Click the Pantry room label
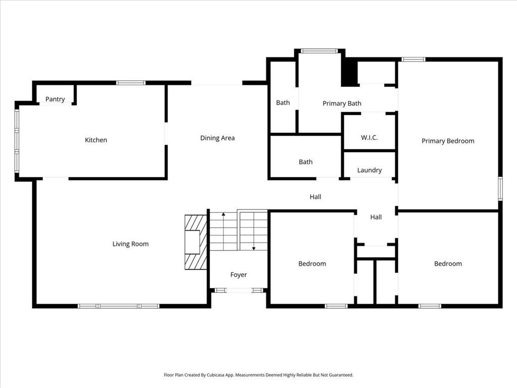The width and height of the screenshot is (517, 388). pos(55,99)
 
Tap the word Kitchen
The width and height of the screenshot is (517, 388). pos(96,140)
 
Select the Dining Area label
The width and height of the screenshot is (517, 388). pos(217,138)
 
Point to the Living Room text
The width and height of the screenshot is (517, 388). pos(130,244)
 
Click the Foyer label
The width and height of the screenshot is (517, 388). pos(238,275)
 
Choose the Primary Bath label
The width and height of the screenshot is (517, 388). pos(342,104)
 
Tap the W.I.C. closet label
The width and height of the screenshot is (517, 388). pos(369,138)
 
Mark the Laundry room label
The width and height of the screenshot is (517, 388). pos(369,170)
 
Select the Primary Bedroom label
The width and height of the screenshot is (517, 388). pos(448,141)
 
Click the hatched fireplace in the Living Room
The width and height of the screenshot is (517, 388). pos(196,242)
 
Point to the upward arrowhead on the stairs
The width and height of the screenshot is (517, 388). pos(223,215)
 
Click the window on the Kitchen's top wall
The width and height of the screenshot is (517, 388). pos(131,83)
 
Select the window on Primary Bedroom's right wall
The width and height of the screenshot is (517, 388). pos(500,188)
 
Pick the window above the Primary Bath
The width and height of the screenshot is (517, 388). pos(319,51)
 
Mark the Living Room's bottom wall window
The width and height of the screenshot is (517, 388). pos(119,306)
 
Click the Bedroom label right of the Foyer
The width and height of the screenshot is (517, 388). pos(312,264)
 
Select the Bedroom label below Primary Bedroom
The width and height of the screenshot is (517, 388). pos(448,264)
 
